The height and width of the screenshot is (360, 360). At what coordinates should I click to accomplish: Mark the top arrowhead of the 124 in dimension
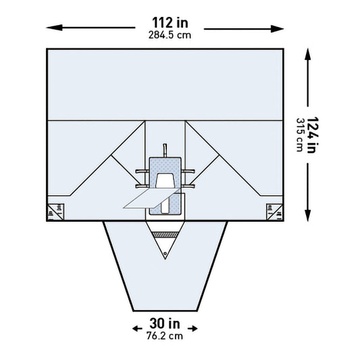point(309,53)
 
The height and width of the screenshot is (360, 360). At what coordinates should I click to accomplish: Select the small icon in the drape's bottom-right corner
point(276,211)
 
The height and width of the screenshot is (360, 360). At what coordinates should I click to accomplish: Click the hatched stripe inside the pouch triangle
point(165,234)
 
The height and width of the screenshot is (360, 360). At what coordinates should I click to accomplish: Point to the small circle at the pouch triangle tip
point(165,255)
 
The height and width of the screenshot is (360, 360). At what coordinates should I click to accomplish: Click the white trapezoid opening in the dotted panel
point(165,180)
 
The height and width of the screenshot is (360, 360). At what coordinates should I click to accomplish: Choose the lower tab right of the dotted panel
point(190,184)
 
